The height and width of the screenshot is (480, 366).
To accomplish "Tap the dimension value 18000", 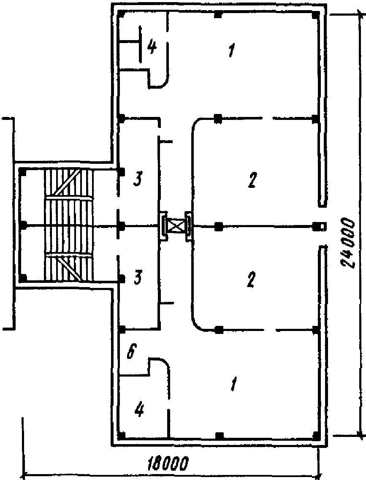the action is coord(168,464).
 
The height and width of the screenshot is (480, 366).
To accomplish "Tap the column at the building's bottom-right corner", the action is coord(315,435).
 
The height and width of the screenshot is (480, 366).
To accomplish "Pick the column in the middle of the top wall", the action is coord(218,15).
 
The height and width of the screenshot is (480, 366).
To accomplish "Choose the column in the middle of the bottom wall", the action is coord(218,435).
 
